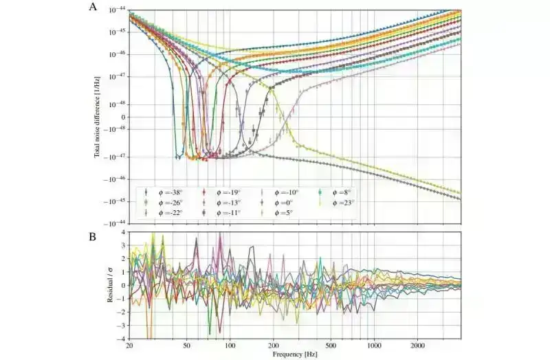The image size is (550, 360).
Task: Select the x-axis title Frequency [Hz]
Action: click(x=295, y=355)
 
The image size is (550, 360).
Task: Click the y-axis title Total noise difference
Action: click(x=98, y=117)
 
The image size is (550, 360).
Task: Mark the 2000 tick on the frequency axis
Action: click(x=417, y=344)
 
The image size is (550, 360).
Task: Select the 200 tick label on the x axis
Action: click(x=273, y=344)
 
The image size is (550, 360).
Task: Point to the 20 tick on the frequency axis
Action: click(x=130, y=344)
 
